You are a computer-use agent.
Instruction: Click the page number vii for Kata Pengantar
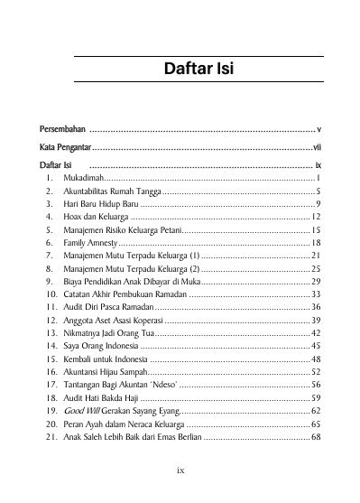tap(316, 147)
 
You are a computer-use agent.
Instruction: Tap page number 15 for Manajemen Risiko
tap(316, 230)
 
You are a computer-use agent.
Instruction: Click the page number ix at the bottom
tap(181, 470)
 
